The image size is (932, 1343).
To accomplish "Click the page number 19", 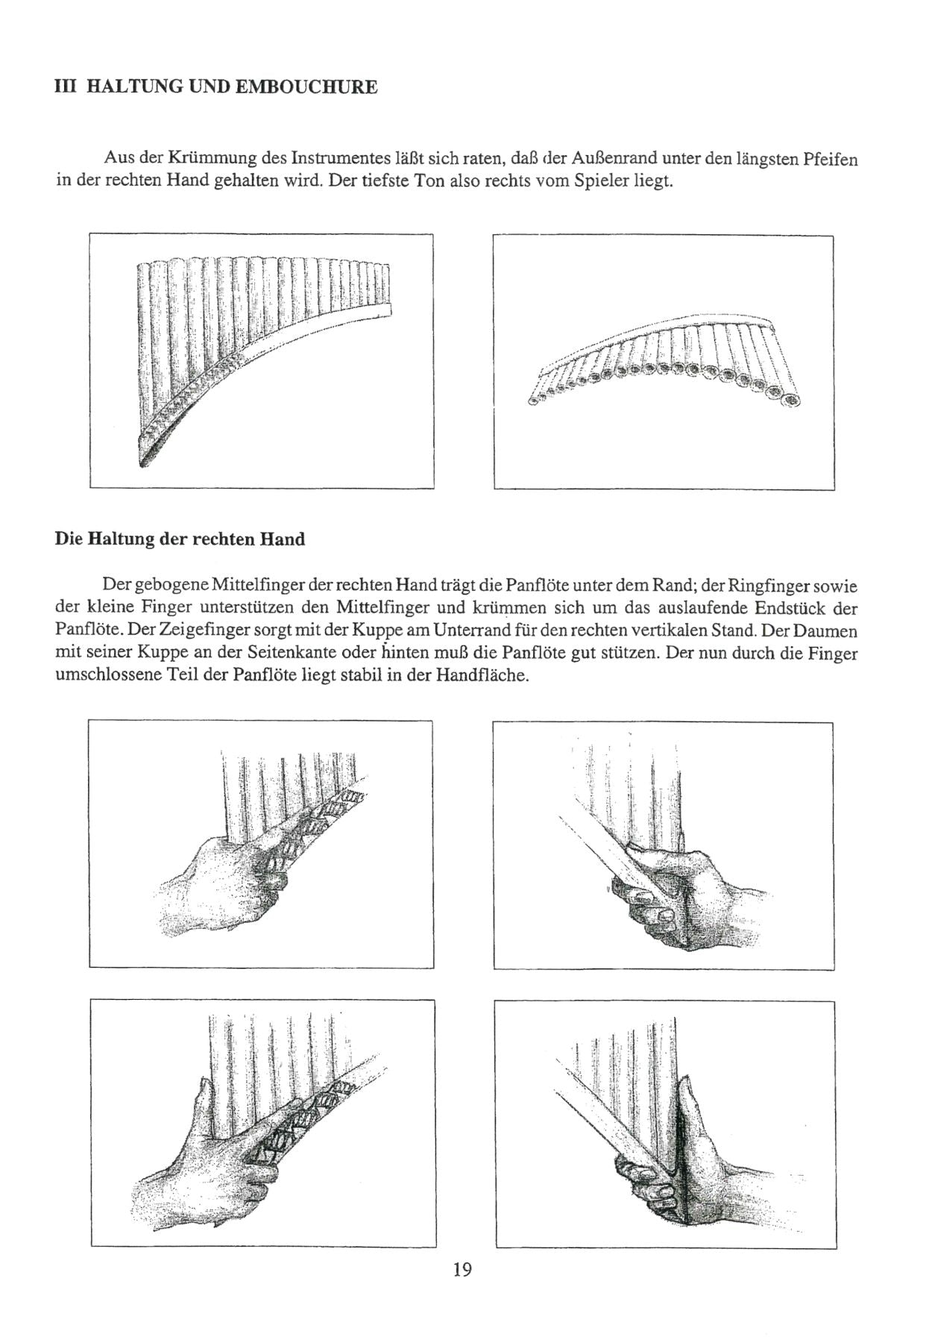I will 462,1269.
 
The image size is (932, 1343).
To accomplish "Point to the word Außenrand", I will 607,159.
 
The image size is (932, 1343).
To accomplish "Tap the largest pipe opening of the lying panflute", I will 791,401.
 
